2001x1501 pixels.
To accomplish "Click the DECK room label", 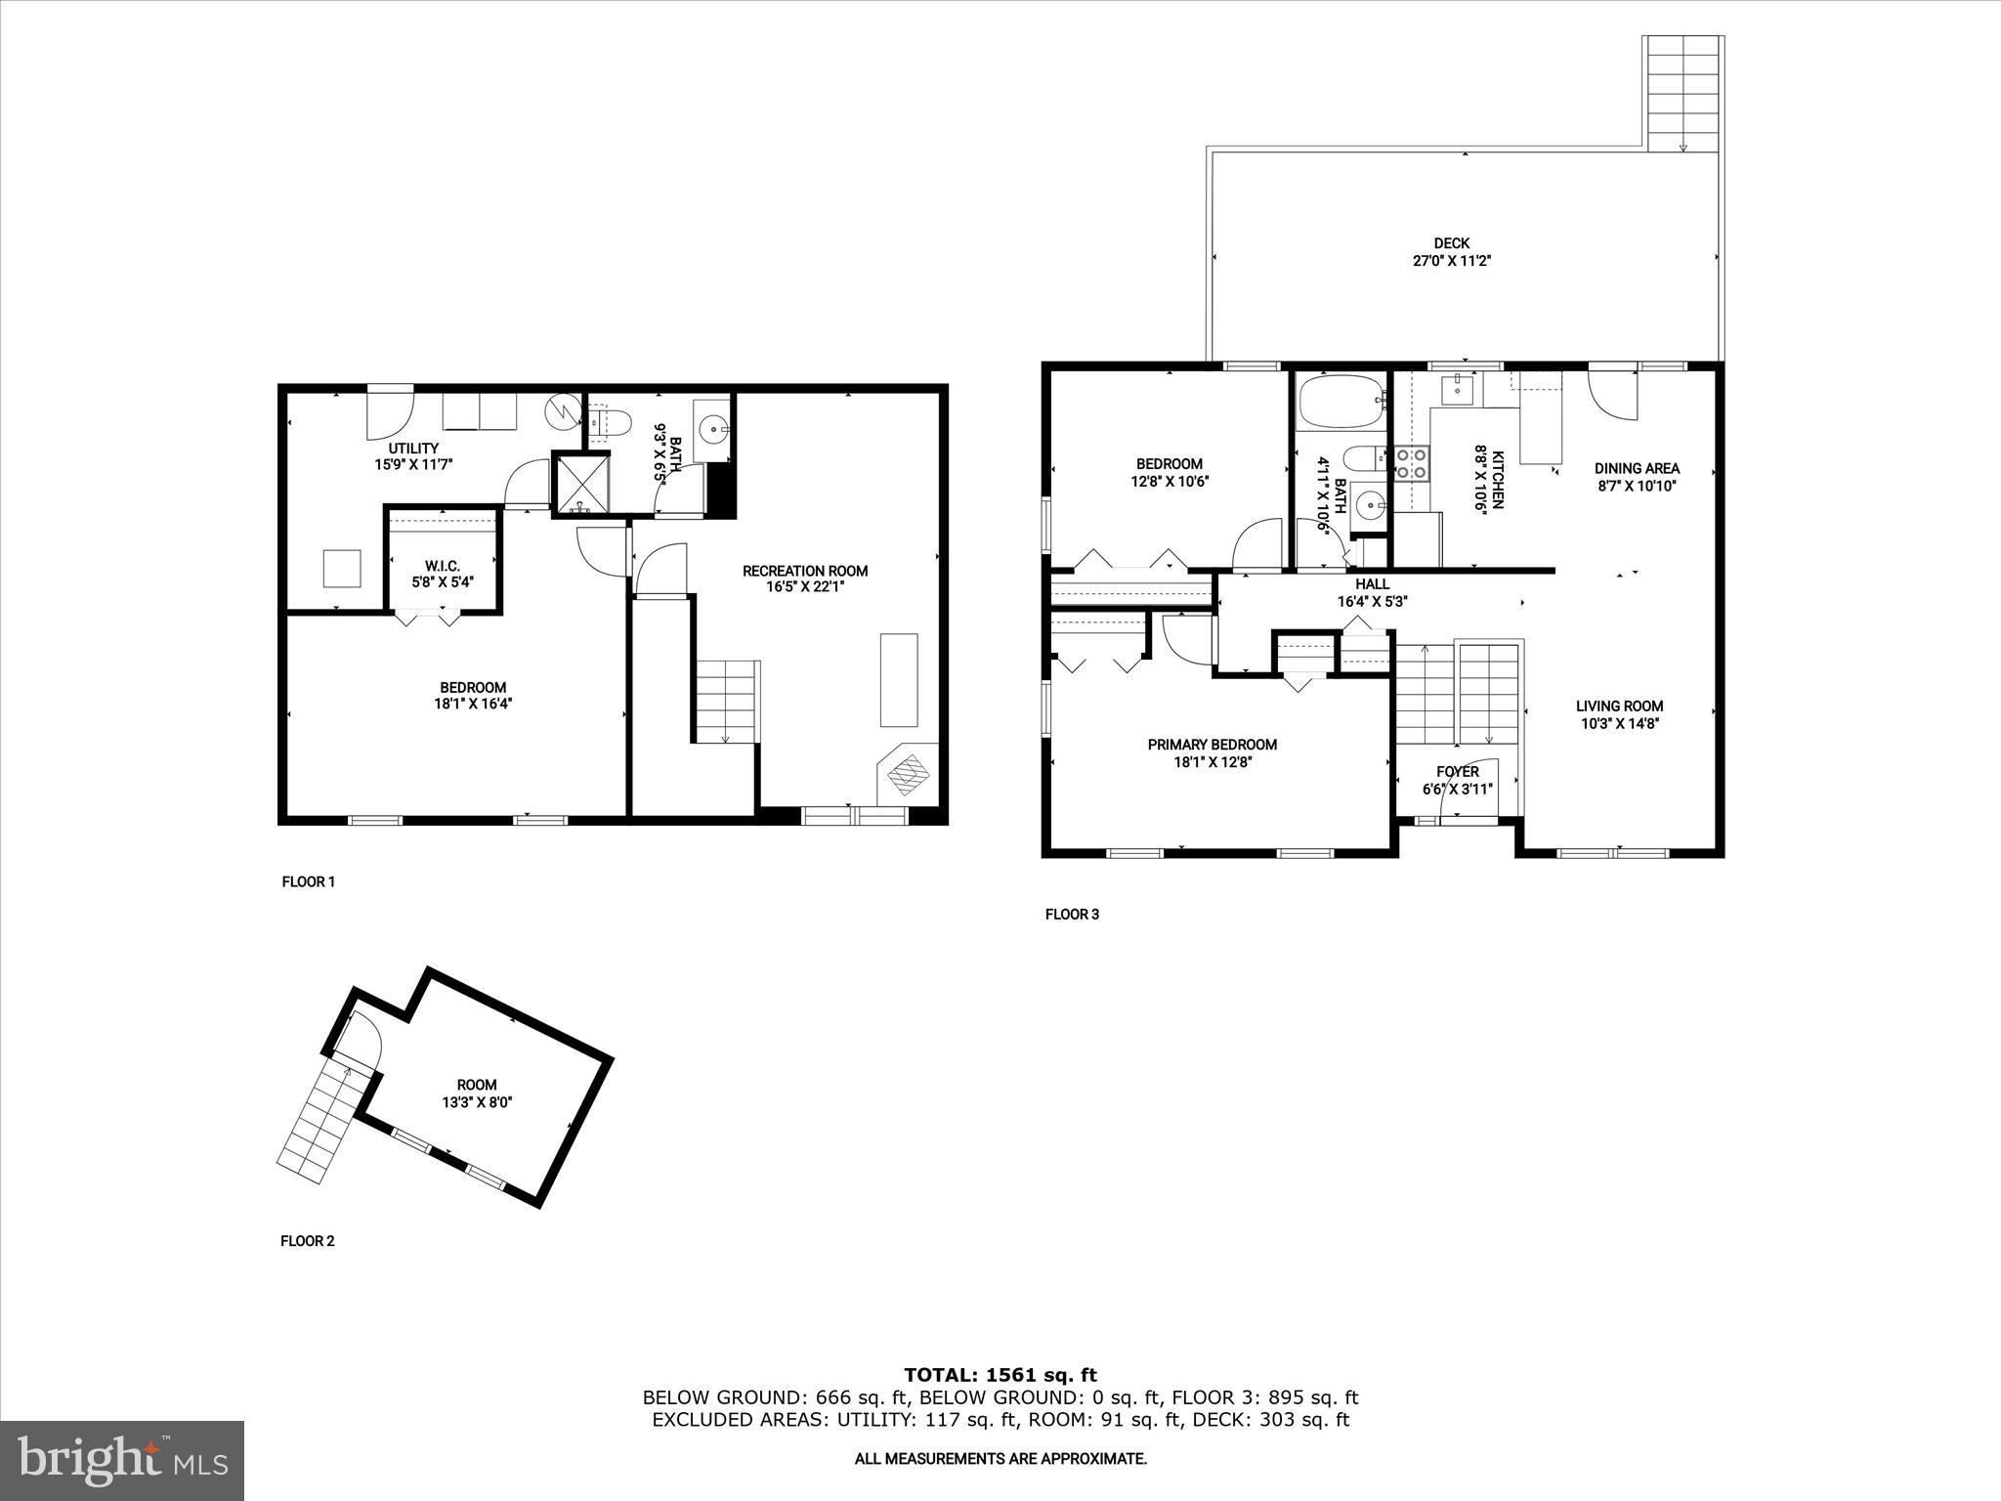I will (1451, 243).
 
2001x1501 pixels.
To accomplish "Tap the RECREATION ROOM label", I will (804, 571).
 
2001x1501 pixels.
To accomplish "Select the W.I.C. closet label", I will (442, 566).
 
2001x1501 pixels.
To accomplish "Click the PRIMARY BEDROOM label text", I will (1212, 745).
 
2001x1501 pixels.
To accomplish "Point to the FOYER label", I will (1457, 772).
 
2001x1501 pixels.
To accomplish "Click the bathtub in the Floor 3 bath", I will (1340, 401).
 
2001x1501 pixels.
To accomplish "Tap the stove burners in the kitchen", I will (1410, 463).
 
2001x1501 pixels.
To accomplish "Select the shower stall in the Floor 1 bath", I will (580, 483).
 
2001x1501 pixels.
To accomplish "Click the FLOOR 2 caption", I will (308, 1241).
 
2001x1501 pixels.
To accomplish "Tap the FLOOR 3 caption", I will (1072, 915).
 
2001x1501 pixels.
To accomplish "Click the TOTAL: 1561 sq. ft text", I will (1000, 1375).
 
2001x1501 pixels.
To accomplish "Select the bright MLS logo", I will (122, 1461).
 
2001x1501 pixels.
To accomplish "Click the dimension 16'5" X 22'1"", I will (804, 587).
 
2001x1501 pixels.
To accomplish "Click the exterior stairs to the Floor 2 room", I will (323, 1124).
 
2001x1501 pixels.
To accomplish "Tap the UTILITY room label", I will (414, 449).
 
